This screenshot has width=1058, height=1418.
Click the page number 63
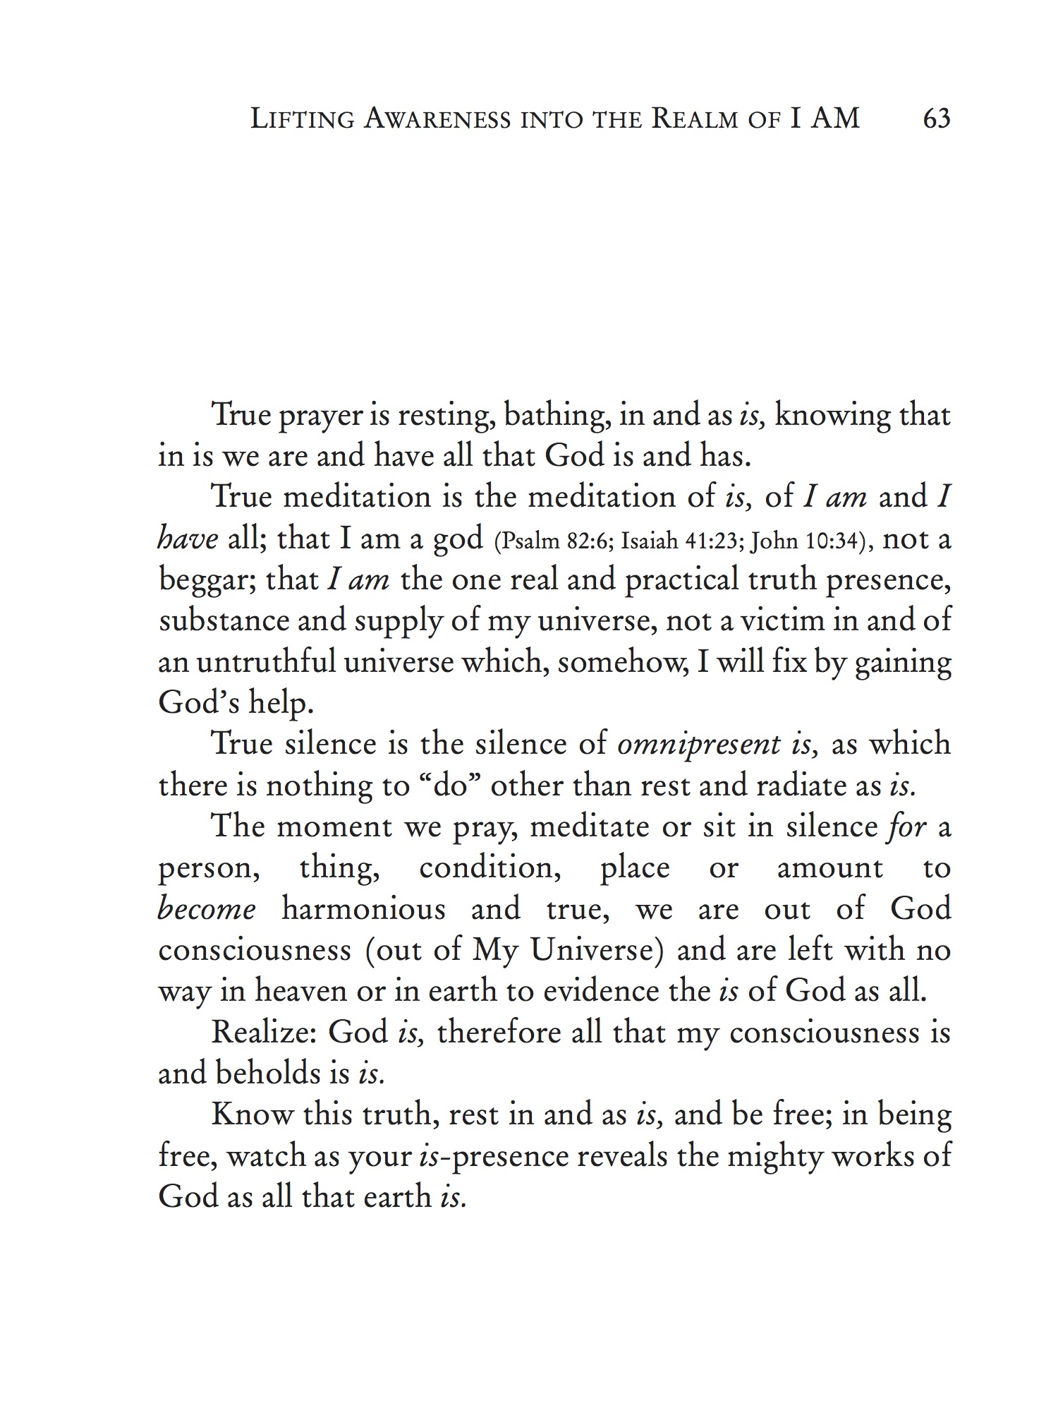point(936,118)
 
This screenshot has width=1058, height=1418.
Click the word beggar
point(205,581)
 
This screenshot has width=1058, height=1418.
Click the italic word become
point(207,909)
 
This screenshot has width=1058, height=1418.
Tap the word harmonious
point(363,909)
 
